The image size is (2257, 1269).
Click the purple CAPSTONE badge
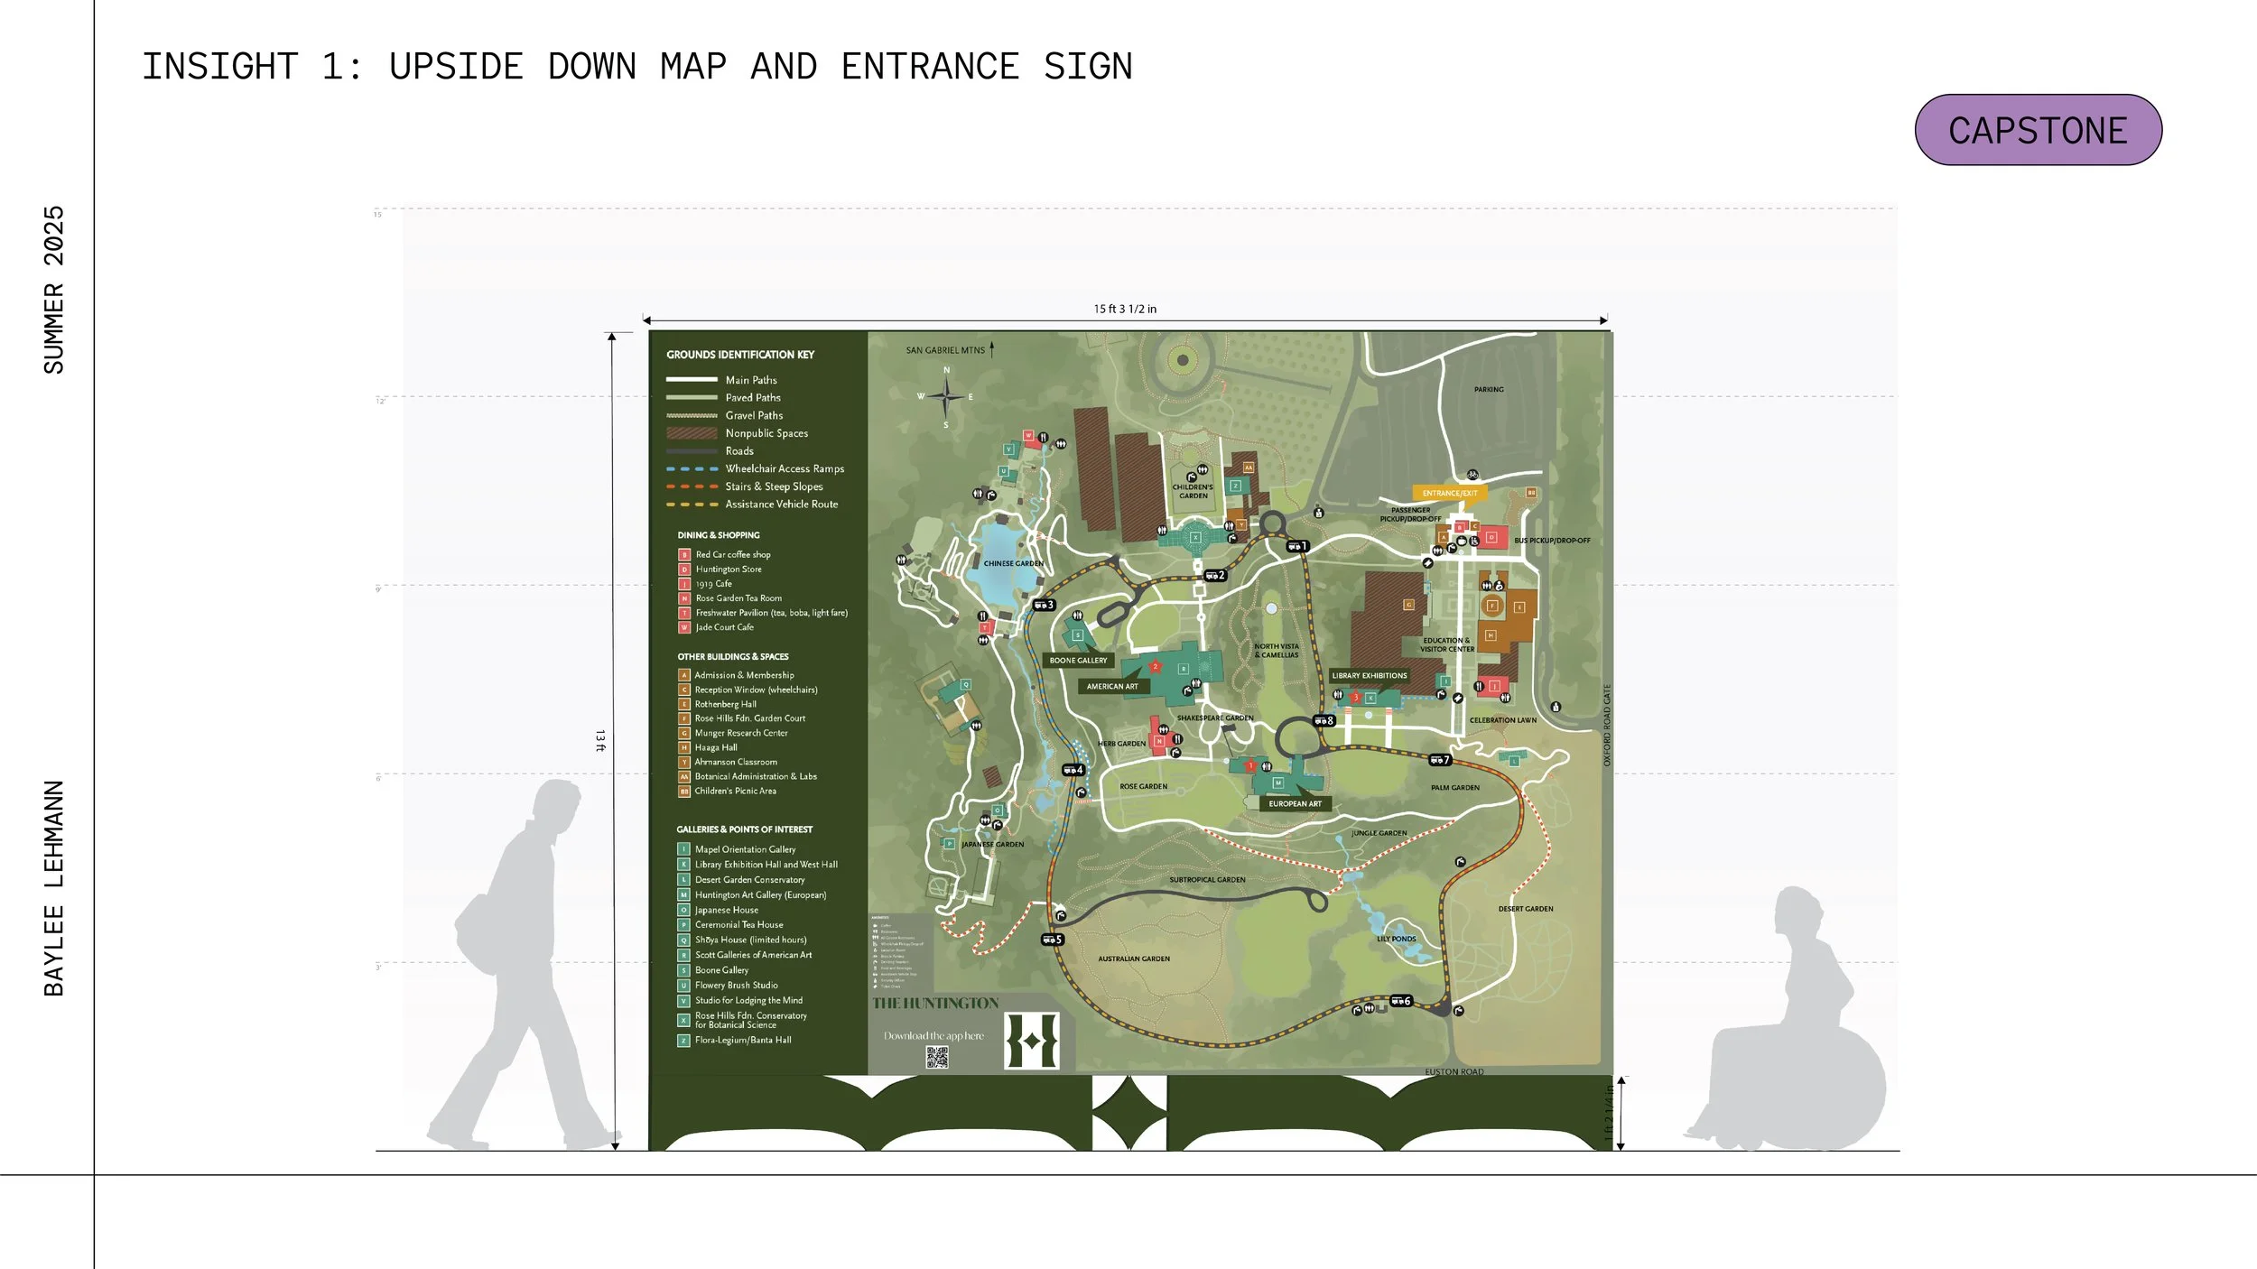2038,130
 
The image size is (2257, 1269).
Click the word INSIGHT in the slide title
220,67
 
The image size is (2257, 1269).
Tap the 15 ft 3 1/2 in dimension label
1125,309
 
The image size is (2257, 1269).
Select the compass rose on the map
946,396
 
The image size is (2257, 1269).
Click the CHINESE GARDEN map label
1013,563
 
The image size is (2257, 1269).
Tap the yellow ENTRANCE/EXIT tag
1450,493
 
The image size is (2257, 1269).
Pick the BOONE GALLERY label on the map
1078,660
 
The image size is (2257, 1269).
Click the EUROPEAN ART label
1295,803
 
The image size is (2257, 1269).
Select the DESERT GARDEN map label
1526,909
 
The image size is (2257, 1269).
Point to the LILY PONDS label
1396,939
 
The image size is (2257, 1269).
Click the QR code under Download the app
937,1057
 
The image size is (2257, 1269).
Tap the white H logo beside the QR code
1032,1041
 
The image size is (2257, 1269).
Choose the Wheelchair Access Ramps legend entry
784,468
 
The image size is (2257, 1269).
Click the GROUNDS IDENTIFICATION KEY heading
740,355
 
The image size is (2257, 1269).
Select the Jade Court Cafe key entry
723,627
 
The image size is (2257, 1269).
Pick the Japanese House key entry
726,910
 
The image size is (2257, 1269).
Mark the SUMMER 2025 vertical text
54,289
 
